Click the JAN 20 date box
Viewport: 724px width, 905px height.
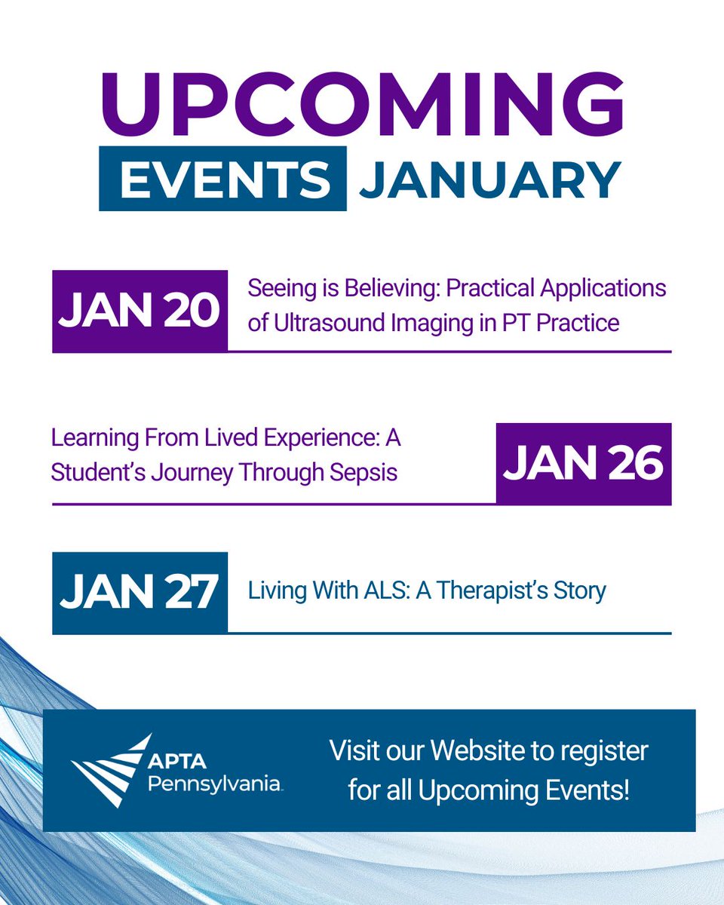point(140,311)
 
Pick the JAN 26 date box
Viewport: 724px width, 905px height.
point(583,463)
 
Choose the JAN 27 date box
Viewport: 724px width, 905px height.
point(140,593)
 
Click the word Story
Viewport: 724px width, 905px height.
point(578,590)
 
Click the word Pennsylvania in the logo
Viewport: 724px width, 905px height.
point(214,785)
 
